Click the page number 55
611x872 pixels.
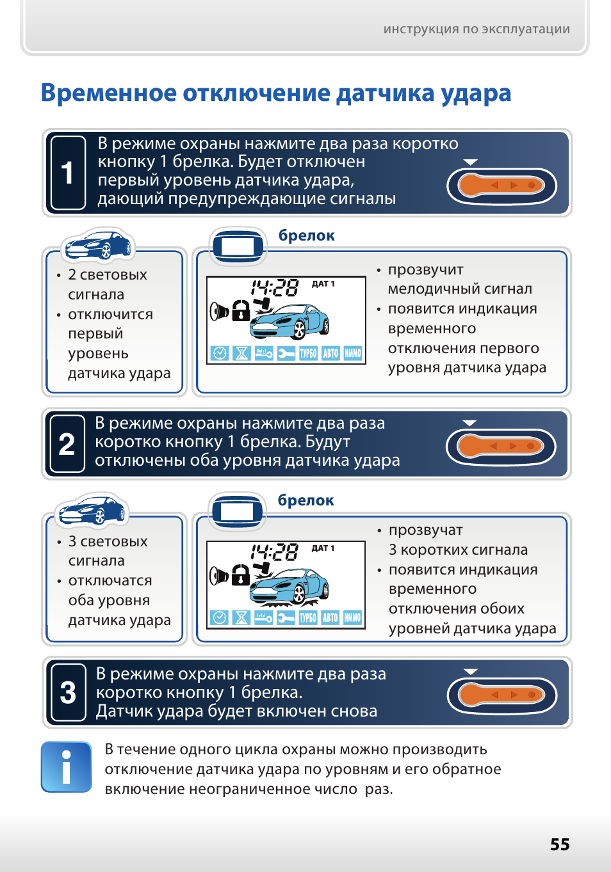[x=560, y=844]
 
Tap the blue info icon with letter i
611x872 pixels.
[x=66, y=766]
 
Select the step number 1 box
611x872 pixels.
[x=68, y=173]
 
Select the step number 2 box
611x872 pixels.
[x=67, y=444]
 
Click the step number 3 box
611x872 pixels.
[x=68, y=692]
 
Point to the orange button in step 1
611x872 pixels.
[x=501, y=186]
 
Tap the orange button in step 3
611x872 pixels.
[x=501, y=695]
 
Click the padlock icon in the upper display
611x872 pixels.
[x=241, y=310]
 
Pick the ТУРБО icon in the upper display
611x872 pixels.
[x=308, y=353]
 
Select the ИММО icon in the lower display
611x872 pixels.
[x=352, y=617]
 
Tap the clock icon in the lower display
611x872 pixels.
[x=219, y=617]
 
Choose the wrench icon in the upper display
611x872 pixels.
[x=286, y=353]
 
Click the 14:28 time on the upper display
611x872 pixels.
[x=274, y=288]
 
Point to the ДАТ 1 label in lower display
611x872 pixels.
[x=323, y=548]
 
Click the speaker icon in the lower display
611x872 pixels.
[x=218, y=576]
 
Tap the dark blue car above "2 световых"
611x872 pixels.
[x=98, y=245]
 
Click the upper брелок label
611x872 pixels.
[x=306, y=235]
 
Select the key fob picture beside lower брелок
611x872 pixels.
[x=237, y=511]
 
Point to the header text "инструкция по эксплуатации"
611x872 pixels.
[x=477, y=29]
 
